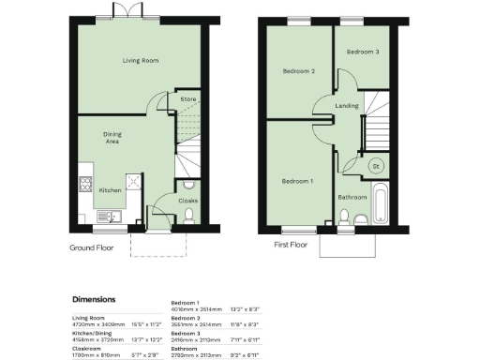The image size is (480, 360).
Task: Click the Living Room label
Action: tap(141, 61)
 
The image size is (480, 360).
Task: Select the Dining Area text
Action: tap(112, 138)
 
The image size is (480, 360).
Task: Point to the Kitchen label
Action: tap(111, 189)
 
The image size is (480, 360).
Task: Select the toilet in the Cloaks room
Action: tap(189, 216)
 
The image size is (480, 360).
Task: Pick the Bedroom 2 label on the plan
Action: tap(299, 71)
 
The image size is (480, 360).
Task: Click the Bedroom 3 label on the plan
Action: tap(364, 52)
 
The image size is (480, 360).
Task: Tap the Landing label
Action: tap(347, 106)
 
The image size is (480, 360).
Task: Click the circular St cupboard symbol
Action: tap(377, 166)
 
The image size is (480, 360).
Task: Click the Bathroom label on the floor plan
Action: tap(352, 197)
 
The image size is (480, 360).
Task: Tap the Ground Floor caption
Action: tap(93, 247)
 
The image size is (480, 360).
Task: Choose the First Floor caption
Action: tap(291, 245)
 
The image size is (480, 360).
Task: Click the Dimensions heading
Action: tap(99, 300)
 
